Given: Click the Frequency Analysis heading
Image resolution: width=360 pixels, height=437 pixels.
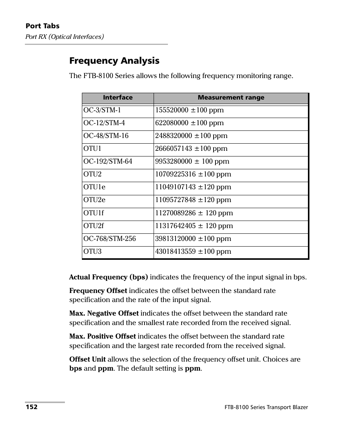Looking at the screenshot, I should (x=114, y=61).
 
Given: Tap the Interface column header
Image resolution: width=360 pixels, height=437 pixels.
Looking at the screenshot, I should (x=118, y=98).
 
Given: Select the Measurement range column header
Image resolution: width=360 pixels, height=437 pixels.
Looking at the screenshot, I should (x=231, y=98).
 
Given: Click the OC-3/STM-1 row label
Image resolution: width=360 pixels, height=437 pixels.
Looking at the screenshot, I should (x=102, y=110).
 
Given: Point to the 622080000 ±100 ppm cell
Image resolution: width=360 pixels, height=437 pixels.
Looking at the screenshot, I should (x=189, y=123).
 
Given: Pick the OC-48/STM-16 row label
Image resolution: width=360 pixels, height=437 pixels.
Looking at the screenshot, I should (x=106, y=136).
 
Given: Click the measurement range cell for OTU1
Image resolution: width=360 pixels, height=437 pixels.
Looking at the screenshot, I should (x=191, y=149).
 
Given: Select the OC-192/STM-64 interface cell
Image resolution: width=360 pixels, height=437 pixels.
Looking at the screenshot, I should (x=108, y=161).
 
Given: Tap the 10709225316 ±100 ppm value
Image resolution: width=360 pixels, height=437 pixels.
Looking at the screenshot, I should (x=193, y=174).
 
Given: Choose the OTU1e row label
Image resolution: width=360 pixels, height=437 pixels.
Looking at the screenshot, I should (x=94, y=187).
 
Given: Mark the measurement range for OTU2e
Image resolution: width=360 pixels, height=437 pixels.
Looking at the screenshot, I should (x=193, y=200).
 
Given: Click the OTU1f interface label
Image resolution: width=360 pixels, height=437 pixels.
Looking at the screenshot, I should (x=94, y=213).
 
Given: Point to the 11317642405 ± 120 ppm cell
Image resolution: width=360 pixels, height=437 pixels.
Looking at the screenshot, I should (x=194, y=226).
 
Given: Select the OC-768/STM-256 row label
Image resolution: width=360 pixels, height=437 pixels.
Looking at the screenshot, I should (x=110, y=239).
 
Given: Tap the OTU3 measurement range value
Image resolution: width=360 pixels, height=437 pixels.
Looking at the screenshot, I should (x=193, y=251).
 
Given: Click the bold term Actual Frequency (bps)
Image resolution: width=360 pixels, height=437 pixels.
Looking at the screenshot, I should (x=109, y=277).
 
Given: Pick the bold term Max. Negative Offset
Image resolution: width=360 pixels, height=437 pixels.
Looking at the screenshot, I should (x=104, y=313).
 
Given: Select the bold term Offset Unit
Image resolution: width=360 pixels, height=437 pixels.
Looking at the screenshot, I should (x=88, y=359).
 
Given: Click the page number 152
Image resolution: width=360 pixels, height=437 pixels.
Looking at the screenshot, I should (x=32, y=407).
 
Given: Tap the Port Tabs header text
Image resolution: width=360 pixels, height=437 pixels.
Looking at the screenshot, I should (x=43, y=26).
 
